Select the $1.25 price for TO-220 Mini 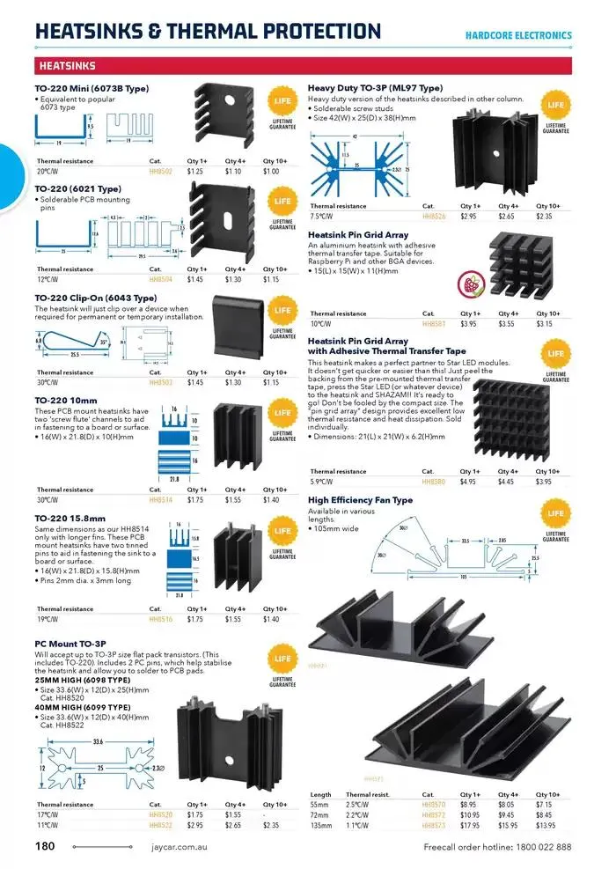point(195,172)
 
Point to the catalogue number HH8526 point(435,216)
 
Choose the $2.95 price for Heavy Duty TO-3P point(469,216)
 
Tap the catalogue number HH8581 point(435,323)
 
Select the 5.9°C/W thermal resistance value point(322,482)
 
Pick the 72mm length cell point(319,814)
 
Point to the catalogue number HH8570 point(435,805)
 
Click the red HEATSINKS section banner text point(68,66)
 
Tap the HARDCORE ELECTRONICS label point(518,35)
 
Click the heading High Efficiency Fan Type point(361,500)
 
